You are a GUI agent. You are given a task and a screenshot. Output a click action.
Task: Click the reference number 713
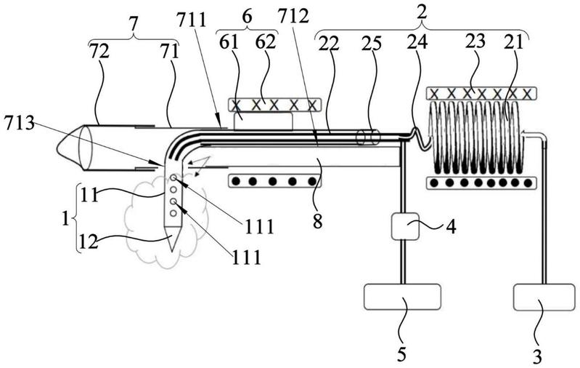pos(19,123)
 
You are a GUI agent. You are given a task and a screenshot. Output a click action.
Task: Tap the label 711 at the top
pos(191,20)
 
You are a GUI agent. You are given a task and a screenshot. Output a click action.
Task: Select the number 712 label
pos(294,16)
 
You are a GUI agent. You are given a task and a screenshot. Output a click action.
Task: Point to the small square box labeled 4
pos(405,226)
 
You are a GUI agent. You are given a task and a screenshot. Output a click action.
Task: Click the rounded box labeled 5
pos(402,297)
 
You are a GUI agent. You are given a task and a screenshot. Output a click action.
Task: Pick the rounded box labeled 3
pos(544,297)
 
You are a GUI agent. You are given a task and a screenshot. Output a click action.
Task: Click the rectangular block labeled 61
pos(264,121)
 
